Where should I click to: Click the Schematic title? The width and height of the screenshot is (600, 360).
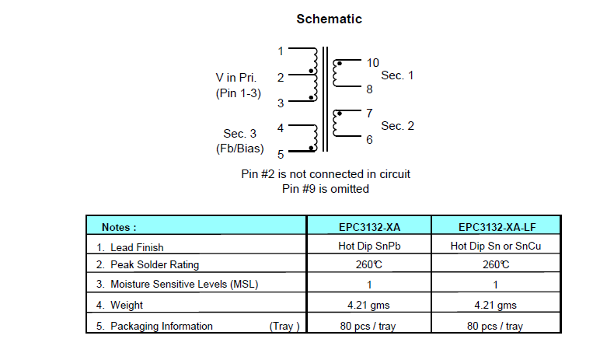[329, 19]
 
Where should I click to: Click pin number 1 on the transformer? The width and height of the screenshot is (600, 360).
[281, 51]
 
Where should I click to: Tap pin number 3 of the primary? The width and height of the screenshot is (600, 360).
[281, 102]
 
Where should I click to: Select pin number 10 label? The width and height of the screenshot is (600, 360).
[372, 63]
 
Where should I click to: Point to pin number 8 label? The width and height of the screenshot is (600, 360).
[369, 89]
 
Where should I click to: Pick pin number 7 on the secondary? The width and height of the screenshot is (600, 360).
[369, 114]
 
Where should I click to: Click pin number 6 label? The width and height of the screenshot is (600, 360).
[369, 139]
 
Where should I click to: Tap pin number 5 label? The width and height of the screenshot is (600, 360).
[281, 154]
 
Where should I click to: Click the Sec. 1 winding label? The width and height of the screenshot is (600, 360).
[397, 75]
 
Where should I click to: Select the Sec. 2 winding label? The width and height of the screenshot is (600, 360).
[397, 126]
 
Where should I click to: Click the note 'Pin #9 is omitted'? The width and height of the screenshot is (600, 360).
[326, 188]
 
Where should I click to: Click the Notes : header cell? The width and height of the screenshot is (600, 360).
[119, 227]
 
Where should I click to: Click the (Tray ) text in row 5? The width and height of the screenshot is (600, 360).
[284, 326]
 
